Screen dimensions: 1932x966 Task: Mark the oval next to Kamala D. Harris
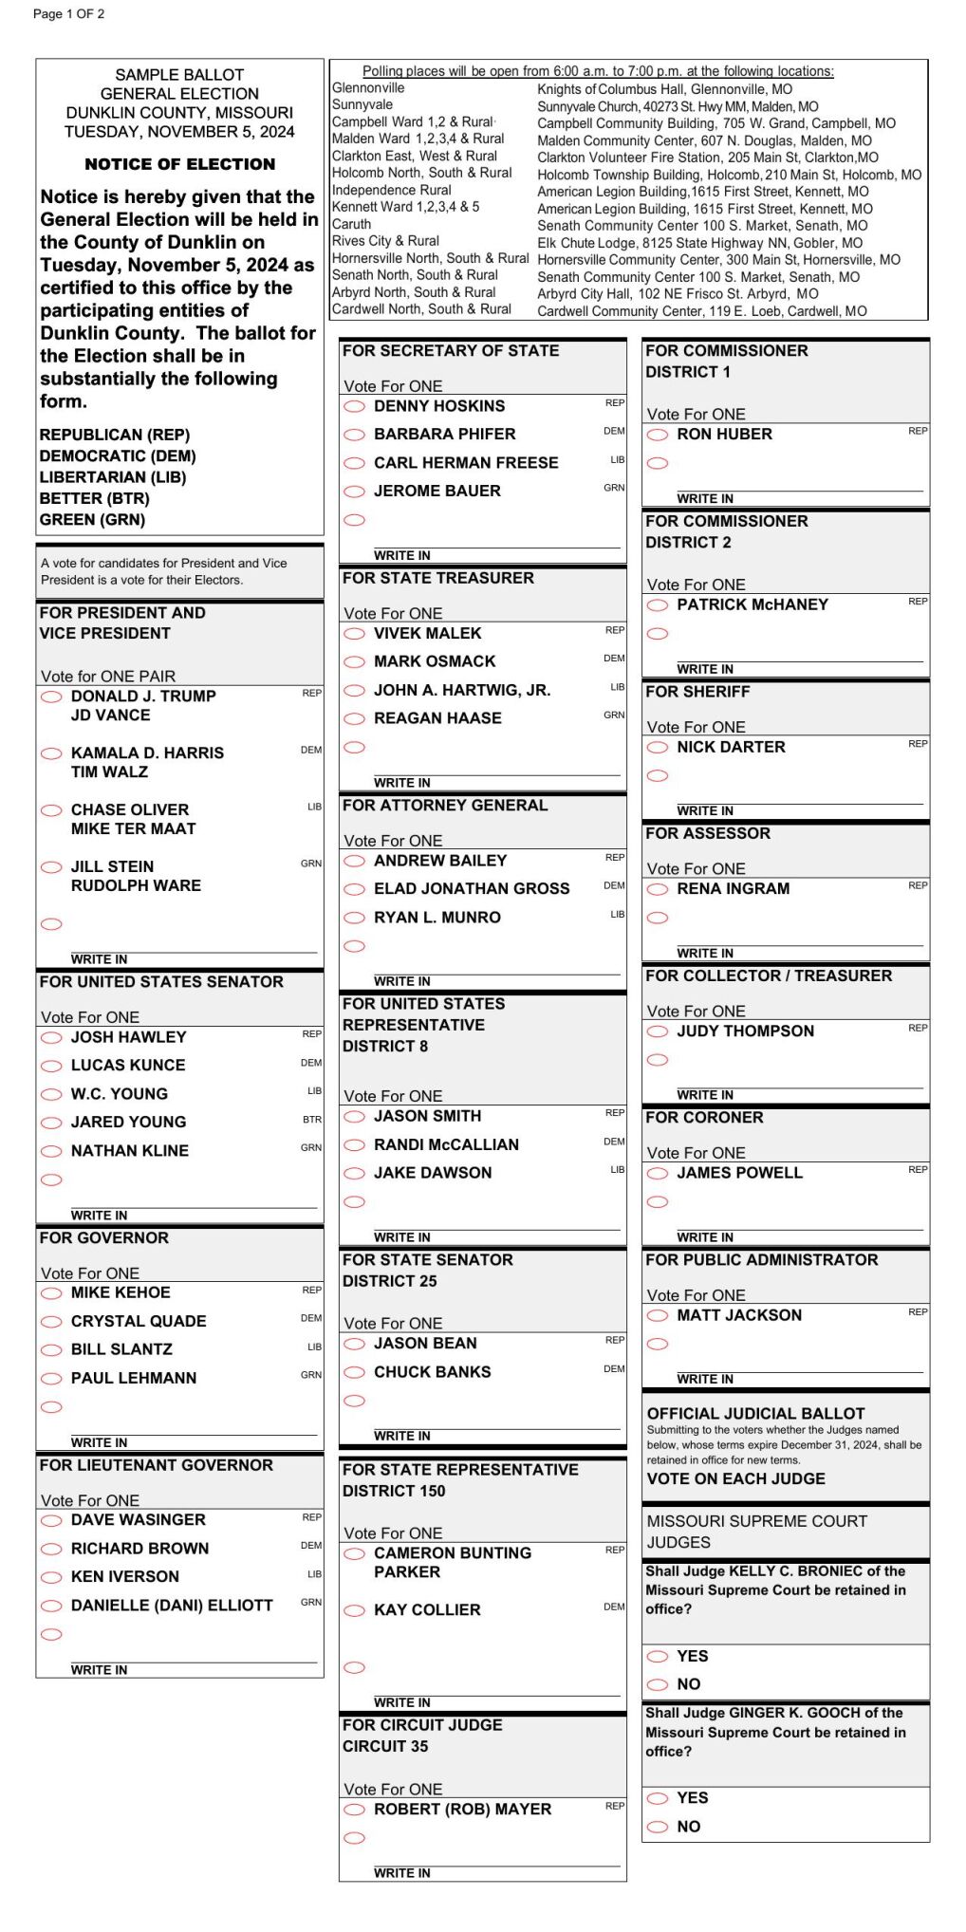click(x=51, y=753)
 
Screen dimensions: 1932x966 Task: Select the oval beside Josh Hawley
click(x=51, y=1038)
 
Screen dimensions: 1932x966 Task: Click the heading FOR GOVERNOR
click(x=104, y=1238)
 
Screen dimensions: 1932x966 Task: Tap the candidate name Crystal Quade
click(x=139, y=1321)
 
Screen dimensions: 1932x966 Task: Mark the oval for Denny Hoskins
click(x=354, y=407)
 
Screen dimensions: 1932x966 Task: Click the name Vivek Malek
click(x=427, y=633)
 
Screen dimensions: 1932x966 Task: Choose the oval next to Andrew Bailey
click(x=354, y=862)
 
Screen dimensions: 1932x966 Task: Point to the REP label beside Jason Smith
click(x=614, y=1112)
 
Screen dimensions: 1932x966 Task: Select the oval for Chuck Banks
click(x=354, y=1372)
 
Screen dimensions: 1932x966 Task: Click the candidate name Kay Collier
click(x=427, y=1610)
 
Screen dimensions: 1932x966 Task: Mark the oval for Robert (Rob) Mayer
click(x=354, y=1810)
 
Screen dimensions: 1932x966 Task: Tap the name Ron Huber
click(x=724, y=435)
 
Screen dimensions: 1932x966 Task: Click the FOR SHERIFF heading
click(x=697, y=692)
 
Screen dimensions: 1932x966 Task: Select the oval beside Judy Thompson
click(x=657, y=1032)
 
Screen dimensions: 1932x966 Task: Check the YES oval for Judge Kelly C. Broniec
click(x=657, y=1657)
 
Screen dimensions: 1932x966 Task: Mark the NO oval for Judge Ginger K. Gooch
click(x=657, y=1827)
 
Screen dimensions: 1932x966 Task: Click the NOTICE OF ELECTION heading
click(x=180, y=164)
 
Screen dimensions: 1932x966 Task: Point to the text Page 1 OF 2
click(x=68, y=14)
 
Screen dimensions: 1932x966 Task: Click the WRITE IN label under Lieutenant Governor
click(x=99, y=1670)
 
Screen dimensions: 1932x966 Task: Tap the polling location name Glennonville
click(x=368, y=88)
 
